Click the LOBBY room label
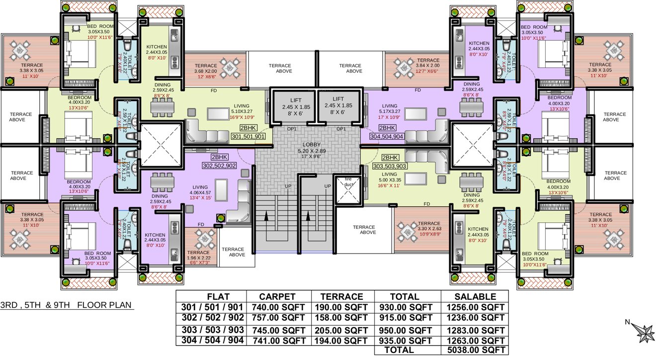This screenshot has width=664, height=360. tap(312, 144)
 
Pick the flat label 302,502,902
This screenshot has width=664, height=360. tap(219, 166)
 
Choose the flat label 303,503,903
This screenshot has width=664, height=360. tap(390, 166)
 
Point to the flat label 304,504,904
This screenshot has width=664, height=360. tap(387, 136)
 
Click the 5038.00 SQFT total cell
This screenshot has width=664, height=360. tap(475, 350)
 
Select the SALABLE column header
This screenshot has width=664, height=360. tap(475, 297)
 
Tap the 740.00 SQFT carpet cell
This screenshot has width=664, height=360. tap(278, 307)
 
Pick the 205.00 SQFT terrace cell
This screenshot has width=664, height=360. tap(342, 329)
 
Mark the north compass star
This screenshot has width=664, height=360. tap(646, 333)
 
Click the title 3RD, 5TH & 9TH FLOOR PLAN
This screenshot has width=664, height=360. tap(67, 305)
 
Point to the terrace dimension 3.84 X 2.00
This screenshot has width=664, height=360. tap(428, 66)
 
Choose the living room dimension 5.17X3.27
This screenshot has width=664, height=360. tap(390, 111)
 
